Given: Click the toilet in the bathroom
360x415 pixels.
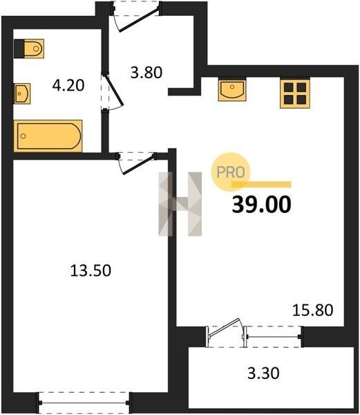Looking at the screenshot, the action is point(29,48).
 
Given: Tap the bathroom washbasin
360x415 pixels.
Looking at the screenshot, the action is point(22,93).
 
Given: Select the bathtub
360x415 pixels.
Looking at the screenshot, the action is point(48,136).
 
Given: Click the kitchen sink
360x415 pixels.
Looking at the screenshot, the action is point(232,89).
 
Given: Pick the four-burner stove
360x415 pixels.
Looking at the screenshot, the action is point(295,93).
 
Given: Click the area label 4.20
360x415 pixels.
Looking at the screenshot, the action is point(68,86).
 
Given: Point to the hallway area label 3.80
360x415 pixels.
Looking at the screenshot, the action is point(146,73).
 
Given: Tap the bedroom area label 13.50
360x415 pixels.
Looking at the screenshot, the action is point(91,270).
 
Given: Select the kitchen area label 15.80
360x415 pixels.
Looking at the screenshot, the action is point(313,310).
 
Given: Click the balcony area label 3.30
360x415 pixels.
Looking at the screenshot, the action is point(263,373).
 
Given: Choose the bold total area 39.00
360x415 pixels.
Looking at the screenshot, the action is point(261,204).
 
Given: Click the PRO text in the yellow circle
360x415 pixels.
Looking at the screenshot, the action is point(231,172).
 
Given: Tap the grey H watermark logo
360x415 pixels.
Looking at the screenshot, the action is point(180,204).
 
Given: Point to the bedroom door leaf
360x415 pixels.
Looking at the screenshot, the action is point(138,165).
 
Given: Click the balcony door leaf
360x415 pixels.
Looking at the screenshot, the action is point(225,327).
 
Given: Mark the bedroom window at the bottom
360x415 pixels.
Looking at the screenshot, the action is point(84,403).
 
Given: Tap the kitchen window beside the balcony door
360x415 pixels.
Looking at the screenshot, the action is point(274,337).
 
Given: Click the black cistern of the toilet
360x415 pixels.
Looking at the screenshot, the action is point(19,48).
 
